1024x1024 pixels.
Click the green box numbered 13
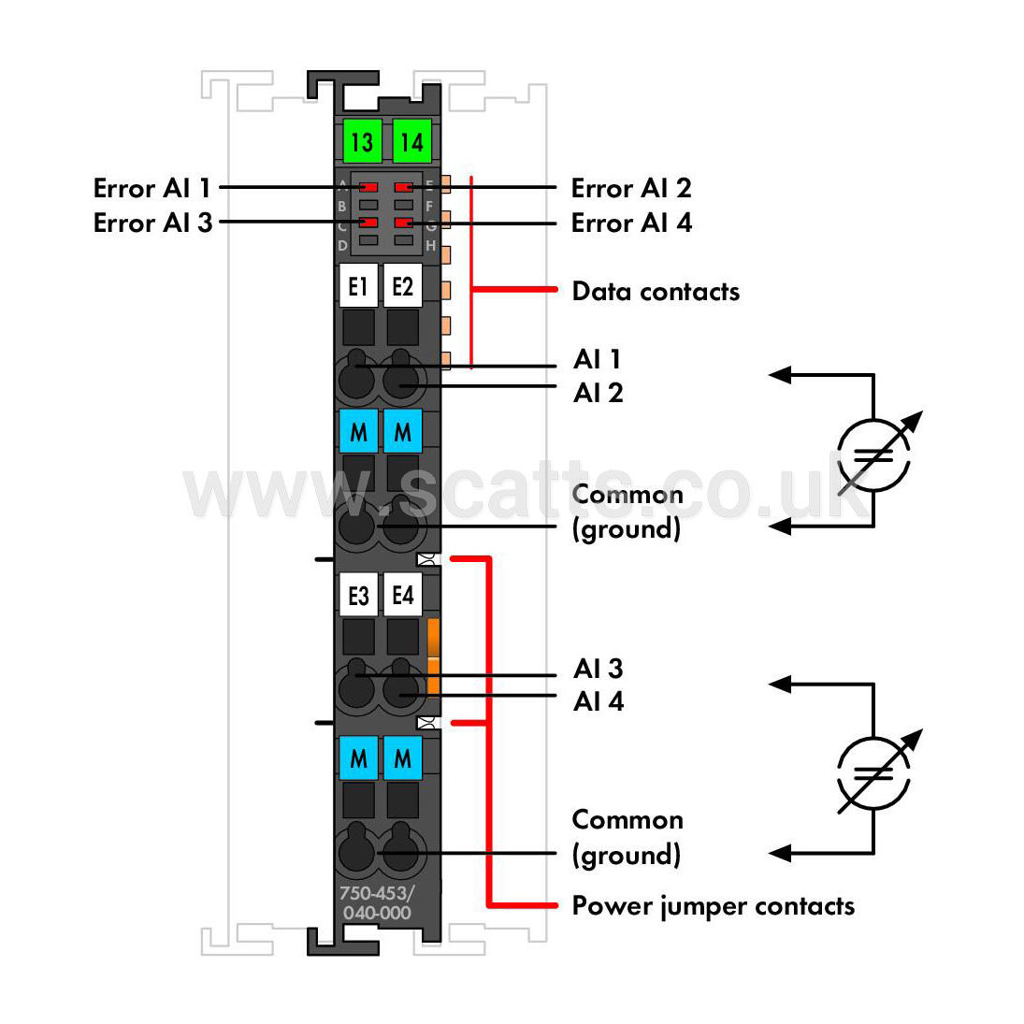363,140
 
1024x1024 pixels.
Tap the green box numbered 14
412,140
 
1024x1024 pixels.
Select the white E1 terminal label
358,285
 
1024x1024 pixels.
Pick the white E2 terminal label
402,285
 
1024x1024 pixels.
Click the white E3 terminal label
358,594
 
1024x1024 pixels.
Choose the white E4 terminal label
402,594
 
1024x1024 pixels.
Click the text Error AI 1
152,188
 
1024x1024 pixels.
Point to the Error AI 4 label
631,223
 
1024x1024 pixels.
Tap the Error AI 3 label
152,223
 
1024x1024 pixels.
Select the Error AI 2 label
631,188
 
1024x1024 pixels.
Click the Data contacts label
656,291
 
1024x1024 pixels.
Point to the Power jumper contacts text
714,906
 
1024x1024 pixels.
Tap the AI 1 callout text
598,359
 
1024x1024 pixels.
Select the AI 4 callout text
599,701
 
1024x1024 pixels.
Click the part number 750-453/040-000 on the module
377,902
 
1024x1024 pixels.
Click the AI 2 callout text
599,393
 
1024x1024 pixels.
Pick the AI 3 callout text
599,668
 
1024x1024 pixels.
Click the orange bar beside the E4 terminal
433,656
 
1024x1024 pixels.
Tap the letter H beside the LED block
430,246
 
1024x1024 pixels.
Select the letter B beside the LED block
341,207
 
